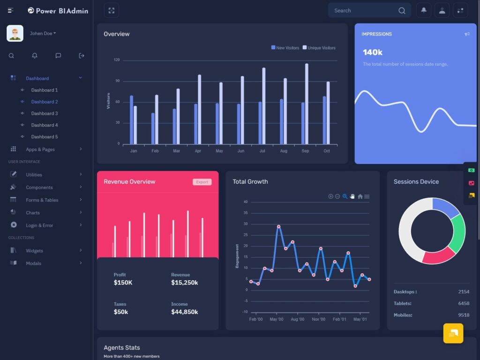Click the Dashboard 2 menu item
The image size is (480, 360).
click(x=45, y=102)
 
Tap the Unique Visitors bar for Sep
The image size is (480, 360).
click(x=307, y=104)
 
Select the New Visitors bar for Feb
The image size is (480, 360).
click(x=153, y=128)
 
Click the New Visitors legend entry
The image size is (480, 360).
click(x=285, y=48)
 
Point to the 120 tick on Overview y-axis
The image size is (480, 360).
click(x=117, y=60)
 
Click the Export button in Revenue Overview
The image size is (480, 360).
click(x=202, y=182)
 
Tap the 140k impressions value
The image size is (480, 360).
click(x=373, y=52)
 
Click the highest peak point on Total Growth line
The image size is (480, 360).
click(x=278, y=226)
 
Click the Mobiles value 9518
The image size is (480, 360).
click(x=463, y=315)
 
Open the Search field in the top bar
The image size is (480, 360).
click(x=363, y=10)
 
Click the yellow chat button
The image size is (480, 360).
click(x=453, y=333)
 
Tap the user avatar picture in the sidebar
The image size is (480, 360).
click(x=15, y=33)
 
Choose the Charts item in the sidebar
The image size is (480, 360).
click(x=33, y=213)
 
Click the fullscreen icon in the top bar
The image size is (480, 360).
click(x=111, y=10)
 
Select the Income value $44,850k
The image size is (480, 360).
click(x=184, y=312)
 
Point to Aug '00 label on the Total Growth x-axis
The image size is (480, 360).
click(x=298, y=319)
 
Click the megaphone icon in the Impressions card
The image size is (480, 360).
click(x=467, y=34)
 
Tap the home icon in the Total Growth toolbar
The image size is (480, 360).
click(x=360, y=196)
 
